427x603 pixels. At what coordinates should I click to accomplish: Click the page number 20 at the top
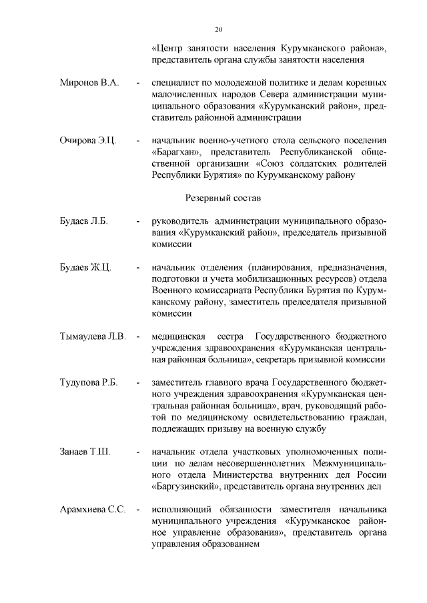[x=218, y=29]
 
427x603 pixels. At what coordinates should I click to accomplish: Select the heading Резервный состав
[x=222, y=198]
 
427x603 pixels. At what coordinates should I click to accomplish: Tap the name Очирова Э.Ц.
[x=89, y=141]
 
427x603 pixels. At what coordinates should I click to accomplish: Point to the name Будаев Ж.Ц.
[x=84, y=267]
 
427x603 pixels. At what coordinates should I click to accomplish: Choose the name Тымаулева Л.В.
[x=93, y=336]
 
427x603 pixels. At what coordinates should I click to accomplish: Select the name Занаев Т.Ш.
[x=85, y=452]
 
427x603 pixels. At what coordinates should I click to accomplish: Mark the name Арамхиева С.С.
[x=93, y=510]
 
